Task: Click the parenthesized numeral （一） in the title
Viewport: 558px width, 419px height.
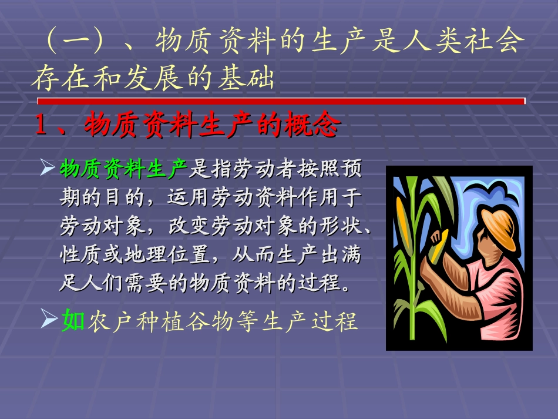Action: [x=77, y=42]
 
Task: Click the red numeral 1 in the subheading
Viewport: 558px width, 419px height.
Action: [x=41, y=125]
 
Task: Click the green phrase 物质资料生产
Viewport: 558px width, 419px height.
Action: [x=123, y=170]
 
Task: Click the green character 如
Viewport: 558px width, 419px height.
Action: [x=73, y=321]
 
